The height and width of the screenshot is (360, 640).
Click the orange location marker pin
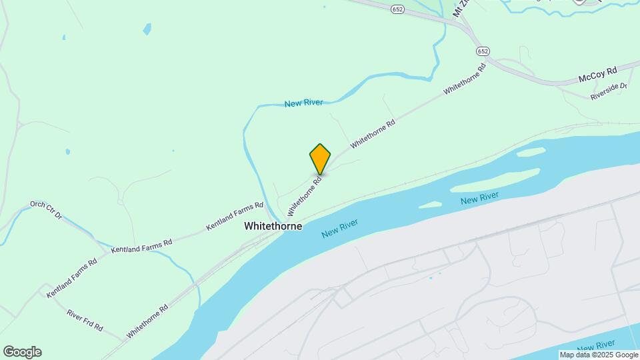pos(320,159)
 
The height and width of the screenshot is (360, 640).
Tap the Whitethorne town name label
pos(273,226)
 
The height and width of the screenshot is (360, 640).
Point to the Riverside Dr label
pos(609,92)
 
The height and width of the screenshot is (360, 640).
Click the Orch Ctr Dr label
pos(45,210)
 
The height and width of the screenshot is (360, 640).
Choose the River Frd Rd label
pos(84,320)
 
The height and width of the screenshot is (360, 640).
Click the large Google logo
pos(22,352)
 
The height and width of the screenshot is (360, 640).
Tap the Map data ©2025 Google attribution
pos(599,355)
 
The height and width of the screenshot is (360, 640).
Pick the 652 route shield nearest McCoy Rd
pos(483,51)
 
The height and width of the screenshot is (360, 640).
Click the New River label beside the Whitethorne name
pos(339,229)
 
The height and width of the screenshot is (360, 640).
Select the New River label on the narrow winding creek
pos(303,103)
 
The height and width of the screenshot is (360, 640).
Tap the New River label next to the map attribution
pos(596,345)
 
